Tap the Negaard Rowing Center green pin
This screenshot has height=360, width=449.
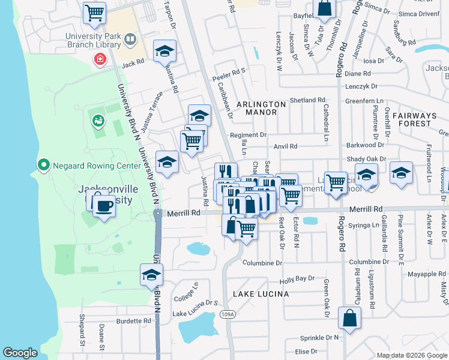tap(43, 164)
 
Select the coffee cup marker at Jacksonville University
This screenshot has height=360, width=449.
tap(104, 206)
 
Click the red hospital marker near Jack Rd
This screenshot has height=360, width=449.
tap(100, 59)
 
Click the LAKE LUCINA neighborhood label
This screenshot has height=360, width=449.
tap(261, 294)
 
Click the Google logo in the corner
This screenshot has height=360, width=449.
tap(20, 353)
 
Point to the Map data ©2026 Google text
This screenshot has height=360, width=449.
tap(411, 355)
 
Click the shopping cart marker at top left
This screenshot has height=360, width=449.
tap(94, 12)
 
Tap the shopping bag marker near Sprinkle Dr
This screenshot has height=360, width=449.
tap(349, 318)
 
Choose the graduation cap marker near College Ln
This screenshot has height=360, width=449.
tap(152, 275)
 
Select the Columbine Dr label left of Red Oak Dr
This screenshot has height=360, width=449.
tap(262, 263)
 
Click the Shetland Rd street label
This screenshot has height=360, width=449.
tap(307, 100)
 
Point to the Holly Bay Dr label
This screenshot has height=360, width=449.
tap(297, 279)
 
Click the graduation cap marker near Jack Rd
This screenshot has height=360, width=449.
tap(164, 52)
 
